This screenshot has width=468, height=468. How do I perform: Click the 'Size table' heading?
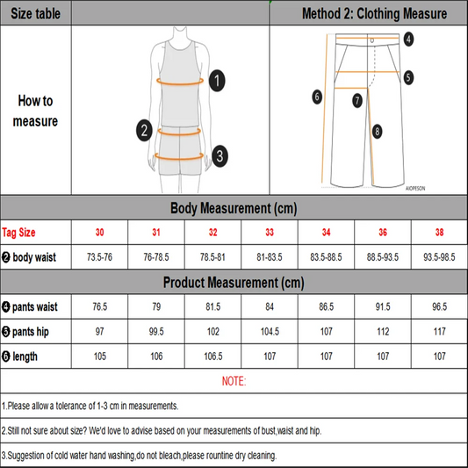(35, 13)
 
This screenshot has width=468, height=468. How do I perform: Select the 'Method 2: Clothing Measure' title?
(374, 13)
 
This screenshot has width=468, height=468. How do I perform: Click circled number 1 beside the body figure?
(219, 82)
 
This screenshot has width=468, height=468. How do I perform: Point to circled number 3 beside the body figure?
(220, 156)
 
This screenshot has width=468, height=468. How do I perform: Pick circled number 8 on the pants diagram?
(377, 132)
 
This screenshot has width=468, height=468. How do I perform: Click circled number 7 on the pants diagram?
(357, 101)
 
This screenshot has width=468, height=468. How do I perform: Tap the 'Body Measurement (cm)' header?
(234, 208)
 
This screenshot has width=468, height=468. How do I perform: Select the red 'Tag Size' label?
(19, 233)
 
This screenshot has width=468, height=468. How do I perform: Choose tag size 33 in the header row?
(270, 233)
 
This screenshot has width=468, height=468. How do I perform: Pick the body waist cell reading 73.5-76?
(99, 257)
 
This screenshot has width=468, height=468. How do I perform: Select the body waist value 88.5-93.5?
(383, 257)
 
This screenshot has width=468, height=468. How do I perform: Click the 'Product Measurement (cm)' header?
(234, 283)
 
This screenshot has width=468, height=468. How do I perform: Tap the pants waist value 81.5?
(212, 307)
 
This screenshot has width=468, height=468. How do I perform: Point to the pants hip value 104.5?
(270, 332)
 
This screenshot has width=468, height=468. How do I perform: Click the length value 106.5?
(212, 356)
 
